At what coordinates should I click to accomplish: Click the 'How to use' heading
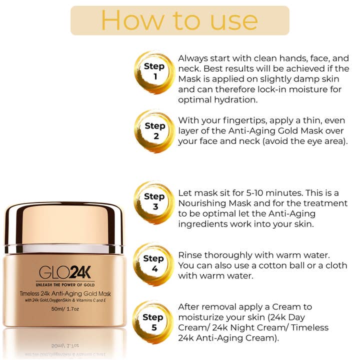point(179,20)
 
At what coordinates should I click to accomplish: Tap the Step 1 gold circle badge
point(154,71)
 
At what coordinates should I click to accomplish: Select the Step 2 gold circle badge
point(154,131)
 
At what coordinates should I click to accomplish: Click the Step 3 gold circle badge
point(154,201)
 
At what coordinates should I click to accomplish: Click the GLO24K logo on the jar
point(65,272)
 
